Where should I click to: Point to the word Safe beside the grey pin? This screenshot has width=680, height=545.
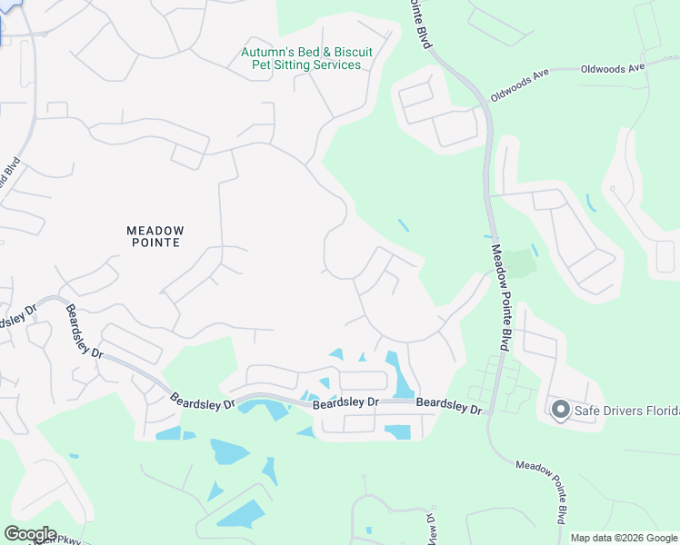[x=587, y=411]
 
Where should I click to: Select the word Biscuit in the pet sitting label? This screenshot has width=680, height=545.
[x=340, y=52]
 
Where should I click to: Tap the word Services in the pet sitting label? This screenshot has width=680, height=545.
[x=336, y=65]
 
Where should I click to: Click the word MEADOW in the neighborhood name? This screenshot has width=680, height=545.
[x=155, y=231]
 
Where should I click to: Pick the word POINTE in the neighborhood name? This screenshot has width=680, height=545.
[x=155, y=243]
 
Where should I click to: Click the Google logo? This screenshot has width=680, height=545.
[x=30, y=534]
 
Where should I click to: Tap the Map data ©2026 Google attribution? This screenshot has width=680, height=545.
[x=623, y=538]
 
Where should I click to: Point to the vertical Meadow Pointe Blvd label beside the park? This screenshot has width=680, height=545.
[x=500, y=296]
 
